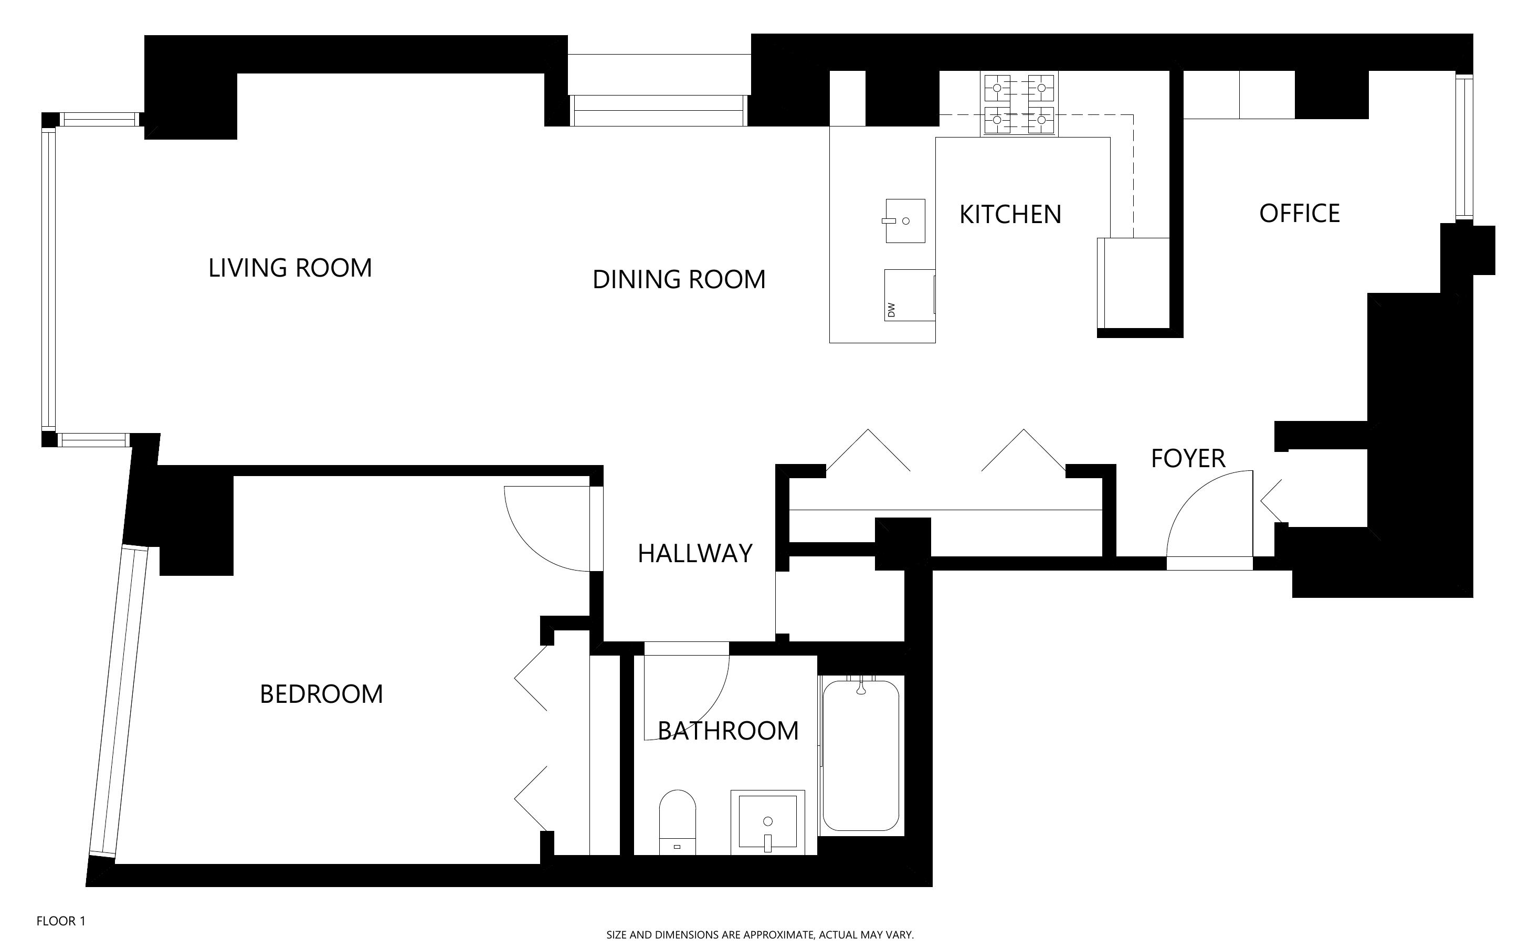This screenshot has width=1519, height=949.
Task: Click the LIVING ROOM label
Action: coord(290,268)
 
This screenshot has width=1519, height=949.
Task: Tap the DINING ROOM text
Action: coord(679,279)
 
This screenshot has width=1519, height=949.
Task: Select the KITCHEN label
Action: coord(1010,215)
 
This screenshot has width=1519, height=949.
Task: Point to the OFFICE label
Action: coord(1300,214)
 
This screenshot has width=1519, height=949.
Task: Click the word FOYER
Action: coord(1188,459)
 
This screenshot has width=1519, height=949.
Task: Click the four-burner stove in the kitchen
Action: coord(1019,103)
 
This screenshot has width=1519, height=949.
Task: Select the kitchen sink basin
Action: coord(905,220)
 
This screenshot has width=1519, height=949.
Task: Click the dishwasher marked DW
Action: coord(909,295)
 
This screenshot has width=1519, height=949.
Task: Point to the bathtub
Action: coord(861,756)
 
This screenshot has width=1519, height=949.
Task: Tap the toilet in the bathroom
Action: coord(678,822)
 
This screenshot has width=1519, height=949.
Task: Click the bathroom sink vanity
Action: coord(767,822)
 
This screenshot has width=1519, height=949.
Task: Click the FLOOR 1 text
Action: coord(61,921)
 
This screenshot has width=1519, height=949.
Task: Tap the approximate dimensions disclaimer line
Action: coord(759,934)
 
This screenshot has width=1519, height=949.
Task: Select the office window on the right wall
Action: coord(1464,146)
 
